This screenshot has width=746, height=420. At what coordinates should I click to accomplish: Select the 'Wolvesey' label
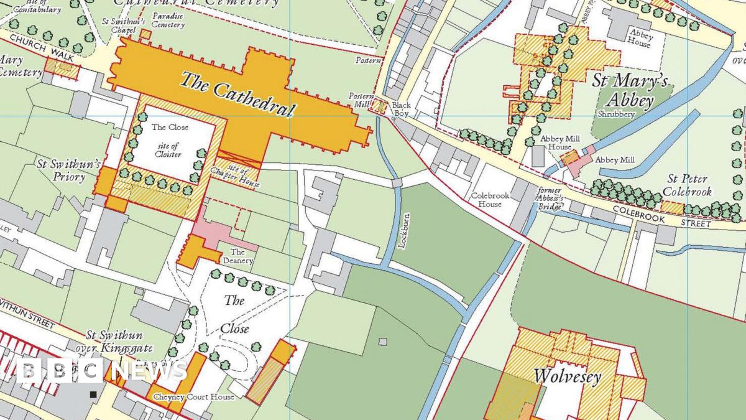(x=567, y=376)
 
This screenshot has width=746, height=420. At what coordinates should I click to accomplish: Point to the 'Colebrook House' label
(x=490, y=200)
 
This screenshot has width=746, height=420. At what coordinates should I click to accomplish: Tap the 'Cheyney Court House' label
(x=193, y=396)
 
